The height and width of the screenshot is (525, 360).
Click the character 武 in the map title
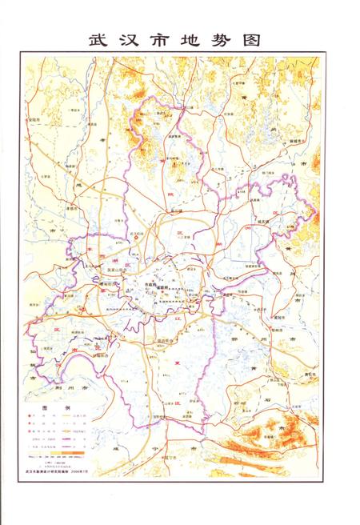(x=97, y=41)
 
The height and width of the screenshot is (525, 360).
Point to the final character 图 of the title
(x=263, y=41)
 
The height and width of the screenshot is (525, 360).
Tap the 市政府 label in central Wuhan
(x=149, y=284)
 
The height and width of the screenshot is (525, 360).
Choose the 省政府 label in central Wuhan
(x=163, y=285)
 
